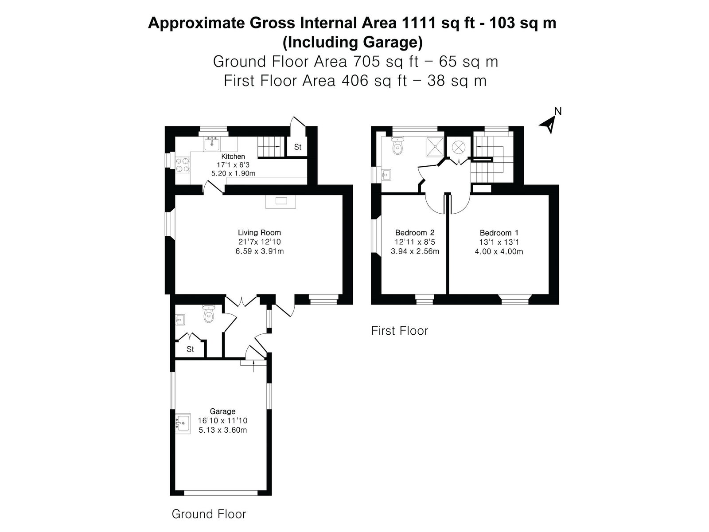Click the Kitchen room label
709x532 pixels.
click(233, 156)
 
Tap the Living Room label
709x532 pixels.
click(259, 233)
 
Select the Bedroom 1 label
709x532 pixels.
click(499, 233)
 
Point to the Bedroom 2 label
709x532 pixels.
click(415, 233)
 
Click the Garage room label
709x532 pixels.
click(222, 411)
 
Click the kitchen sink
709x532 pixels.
click(212, 143)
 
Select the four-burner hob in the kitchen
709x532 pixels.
click(183, 165)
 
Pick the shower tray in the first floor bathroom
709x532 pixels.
click(436, 147)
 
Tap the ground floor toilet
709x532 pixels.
click(209, 313)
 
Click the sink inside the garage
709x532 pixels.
click(183, 422)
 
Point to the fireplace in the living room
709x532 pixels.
click(280, 202)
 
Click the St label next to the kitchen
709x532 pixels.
click(297, 147)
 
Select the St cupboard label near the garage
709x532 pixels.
click(190, 349)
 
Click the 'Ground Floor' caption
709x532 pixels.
click(209, 514)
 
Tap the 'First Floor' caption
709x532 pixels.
click(400, 331)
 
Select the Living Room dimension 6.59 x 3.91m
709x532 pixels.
click(259, 251)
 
